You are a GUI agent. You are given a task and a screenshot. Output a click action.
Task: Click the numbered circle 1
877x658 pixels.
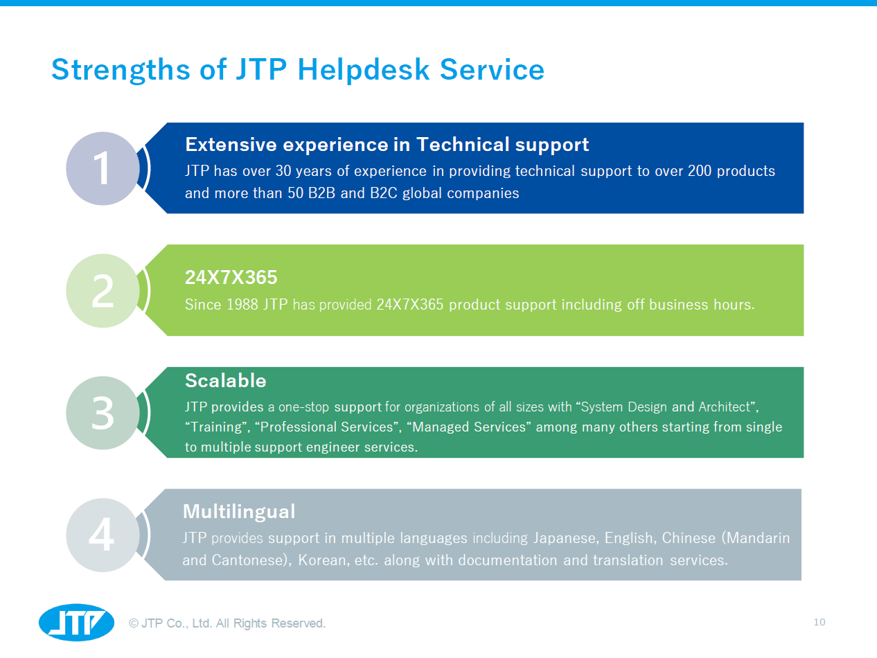pyautogui.click(x=103, y=168)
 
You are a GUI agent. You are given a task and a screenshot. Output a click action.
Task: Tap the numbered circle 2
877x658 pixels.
pyautogui.click(x=103, y=291)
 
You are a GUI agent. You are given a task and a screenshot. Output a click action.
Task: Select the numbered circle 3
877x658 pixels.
pyautogui.click(x=103, y=413)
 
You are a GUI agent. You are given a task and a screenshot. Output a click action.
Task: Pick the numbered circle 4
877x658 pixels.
pyautogui.click(x=103, y=535)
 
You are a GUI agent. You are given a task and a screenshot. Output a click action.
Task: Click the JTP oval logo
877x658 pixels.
pyautogui.click(x=76, y=623)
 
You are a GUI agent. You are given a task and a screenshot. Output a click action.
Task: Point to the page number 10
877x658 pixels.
pyautogui.click(x=820, y=622)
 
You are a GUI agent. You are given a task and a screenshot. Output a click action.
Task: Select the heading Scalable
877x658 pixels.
pyautogui.click(x=225, y=380)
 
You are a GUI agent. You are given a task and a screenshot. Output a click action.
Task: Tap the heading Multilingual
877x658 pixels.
pyautogui.click(x=238, y=511)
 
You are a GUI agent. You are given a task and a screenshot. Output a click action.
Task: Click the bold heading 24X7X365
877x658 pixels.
pyautogui.click(x=231, y=278)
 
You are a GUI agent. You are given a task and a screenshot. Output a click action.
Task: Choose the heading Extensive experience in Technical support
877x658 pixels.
pyautogui.click(x=387, y=144)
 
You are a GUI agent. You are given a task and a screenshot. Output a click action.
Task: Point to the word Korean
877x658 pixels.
pyautogui.click(x=323, y=560)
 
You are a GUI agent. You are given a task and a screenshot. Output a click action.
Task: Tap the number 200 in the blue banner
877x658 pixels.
pyautogui.click(x=700, y=170)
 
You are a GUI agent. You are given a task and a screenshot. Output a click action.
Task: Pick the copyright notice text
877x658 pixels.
pyautogui.click(x=227, y=623)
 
